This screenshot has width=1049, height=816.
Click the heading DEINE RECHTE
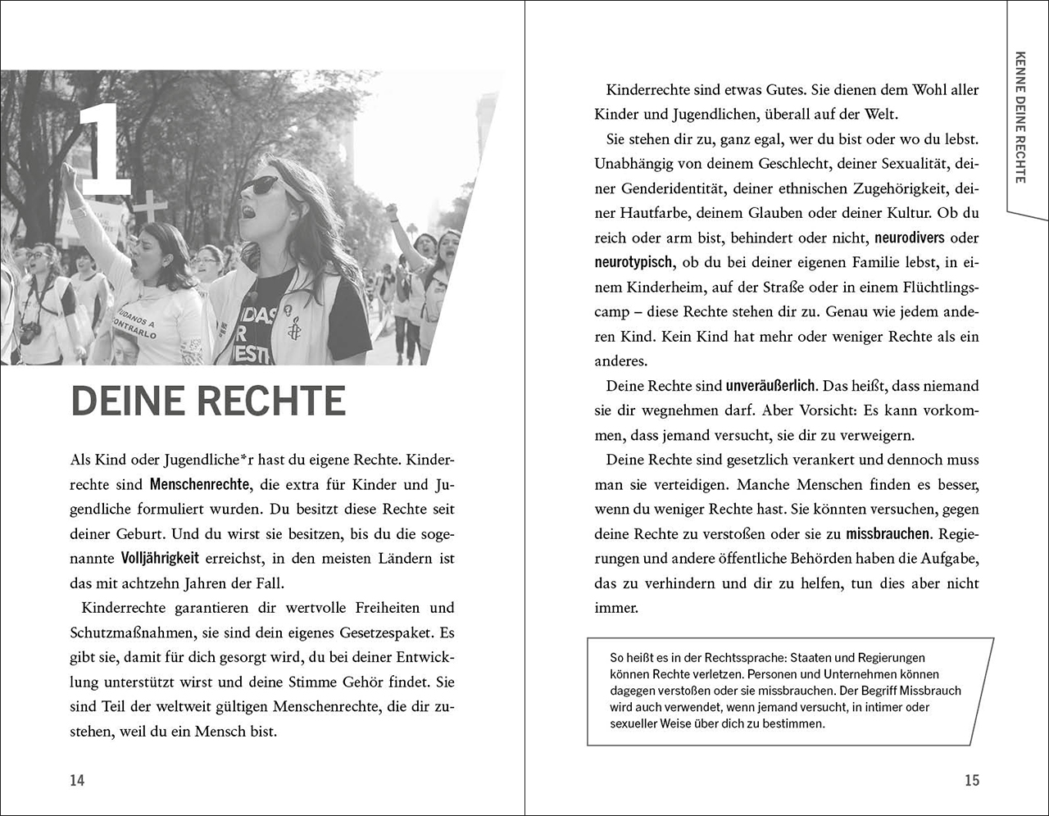point(208,401)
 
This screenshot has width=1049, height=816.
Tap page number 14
point(77,780)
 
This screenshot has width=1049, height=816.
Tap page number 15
point(972,780)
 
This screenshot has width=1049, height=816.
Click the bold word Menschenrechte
point(200,485)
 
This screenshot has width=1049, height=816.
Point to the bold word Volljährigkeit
point(160,559)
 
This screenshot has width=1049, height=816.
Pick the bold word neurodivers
point(910,238)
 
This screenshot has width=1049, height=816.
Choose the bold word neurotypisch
point(633,263)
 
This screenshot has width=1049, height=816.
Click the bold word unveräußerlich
point(770,386)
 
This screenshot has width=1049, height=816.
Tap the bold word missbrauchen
point(888,534)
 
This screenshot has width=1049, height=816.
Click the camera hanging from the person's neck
point(31,332)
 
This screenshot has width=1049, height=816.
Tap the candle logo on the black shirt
point(293,328)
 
